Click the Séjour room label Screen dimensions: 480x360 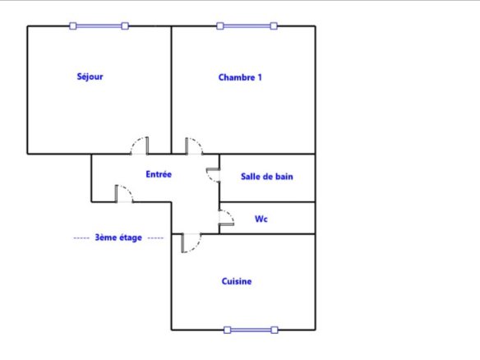tap(90, 76)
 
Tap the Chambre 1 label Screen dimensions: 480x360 tap(240, 77)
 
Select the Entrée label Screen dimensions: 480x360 tap(159, 174)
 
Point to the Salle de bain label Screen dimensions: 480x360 tap(267, 177)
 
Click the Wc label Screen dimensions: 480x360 tap(261, 219)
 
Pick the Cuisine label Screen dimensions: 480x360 tap(237, 281)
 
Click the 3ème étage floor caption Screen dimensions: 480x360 tap(118, 238)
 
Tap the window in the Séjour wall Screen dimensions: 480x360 tap(99, 26)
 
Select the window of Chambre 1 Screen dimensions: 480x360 tap(247, 26)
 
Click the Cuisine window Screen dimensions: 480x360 tap(251, 330)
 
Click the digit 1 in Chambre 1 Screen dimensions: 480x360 tap(260, 77)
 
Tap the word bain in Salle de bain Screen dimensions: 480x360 tap(284, 177)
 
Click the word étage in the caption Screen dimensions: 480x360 tap(131, 238)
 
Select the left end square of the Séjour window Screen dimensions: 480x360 tap(73, 26)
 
